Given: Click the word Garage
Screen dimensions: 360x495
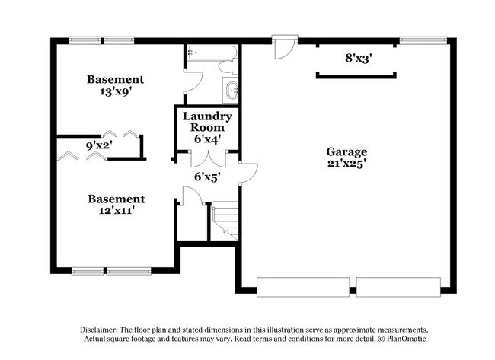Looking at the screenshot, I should [346, 151].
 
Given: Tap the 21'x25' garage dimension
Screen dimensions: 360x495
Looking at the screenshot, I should [346, 163].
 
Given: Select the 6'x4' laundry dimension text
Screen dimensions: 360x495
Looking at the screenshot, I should [206, 139].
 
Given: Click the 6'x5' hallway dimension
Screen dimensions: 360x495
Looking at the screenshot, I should [207, 177].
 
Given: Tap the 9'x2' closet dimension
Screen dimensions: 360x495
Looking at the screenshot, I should [99, 144].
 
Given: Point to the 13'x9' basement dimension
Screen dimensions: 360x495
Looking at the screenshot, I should [114, 91].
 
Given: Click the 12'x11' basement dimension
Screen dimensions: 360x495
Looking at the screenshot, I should [116, 211].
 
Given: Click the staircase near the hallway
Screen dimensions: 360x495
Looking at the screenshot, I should [225, 218].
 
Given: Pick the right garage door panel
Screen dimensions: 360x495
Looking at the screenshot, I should [398, 287].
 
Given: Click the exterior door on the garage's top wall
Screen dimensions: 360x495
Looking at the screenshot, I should [283, 46].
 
